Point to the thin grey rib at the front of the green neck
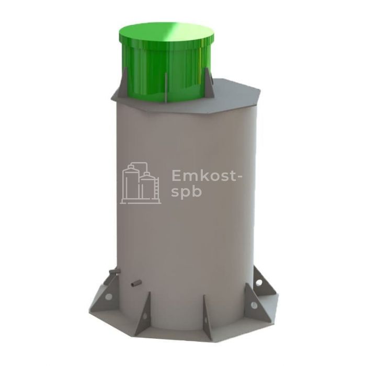pos(165,87)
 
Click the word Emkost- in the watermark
pos(207,176)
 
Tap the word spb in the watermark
pos(186,192)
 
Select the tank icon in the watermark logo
pos(141,183)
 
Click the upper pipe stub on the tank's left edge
pos(115,272)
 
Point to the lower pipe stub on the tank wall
pos(136,283)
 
